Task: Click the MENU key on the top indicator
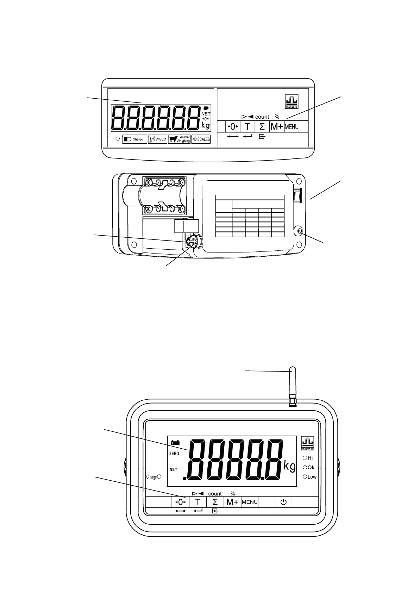pos(292,127)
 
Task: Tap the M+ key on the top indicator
pos(276,127)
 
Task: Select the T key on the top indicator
pos(248,127)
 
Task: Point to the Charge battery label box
pos(135,139)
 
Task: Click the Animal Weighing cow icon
pos(173,139)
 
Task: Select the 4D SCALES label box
pos(201,139)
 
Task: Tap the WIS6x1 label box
pos(157,139)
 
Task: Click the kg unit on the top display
pos(205,125)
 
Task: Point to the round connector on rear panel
pos(192,242)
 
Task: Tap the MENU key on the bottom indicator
pos(250,502)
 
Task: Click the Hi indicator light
pos(305,458)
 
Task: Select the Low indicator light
pos(305,477)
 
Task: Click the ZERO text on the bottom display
pos(174,454)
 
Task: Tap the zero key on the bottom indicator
pos(180,502)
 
